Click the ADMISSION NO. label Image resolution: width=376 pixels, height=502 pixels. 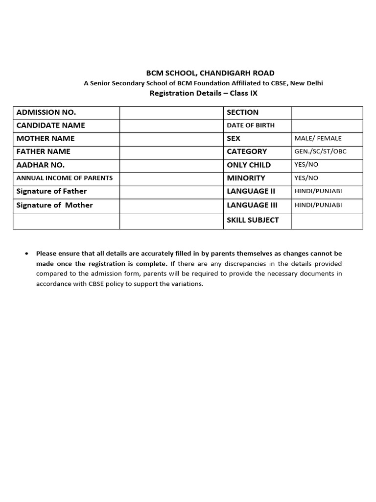(46, 112)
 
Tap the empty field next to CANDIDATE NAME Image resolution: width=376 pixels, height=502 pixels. (171, 125)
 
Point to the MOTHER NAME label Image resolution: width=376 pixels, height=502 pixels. (46, 139)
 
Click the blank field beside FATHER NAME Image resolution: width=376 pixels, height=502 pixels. (171, 152)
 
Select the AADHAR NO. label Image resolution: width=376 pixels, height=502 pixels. (41, 165)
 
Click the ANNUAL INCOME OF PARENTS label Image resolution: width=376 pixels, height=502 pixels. (65, 178)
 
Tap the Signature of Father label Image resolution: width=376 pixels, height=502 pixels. (51, 191)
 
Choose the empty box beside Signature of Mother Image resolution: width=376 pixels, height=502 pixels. (171, 205)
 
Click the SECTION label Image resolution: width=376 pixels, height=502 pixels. (242, 112)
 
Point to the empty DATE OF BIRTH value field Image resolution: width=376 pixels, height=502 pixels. (327, 125)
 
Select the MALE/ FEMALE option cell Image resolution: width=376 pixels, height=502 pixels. (318, 139)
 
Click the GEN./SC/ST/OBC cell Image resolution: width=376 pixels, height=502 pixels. (320, 151)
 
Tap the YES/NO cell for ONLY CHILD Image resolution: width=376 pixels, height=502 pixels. (306, 165)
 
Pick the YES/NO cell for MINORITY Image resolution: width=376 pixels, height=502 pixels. (306, 178)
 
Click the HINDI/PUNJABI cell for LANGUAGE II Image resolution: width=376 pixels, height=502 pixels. (318, 191)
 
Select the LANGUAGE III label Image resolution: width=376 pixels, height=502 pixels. (249, 205)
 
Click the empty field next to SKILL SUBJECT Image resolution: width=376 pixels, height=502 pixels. (327, 220)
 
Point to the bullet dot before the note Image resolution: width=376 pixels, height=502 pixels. (25, 254)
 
